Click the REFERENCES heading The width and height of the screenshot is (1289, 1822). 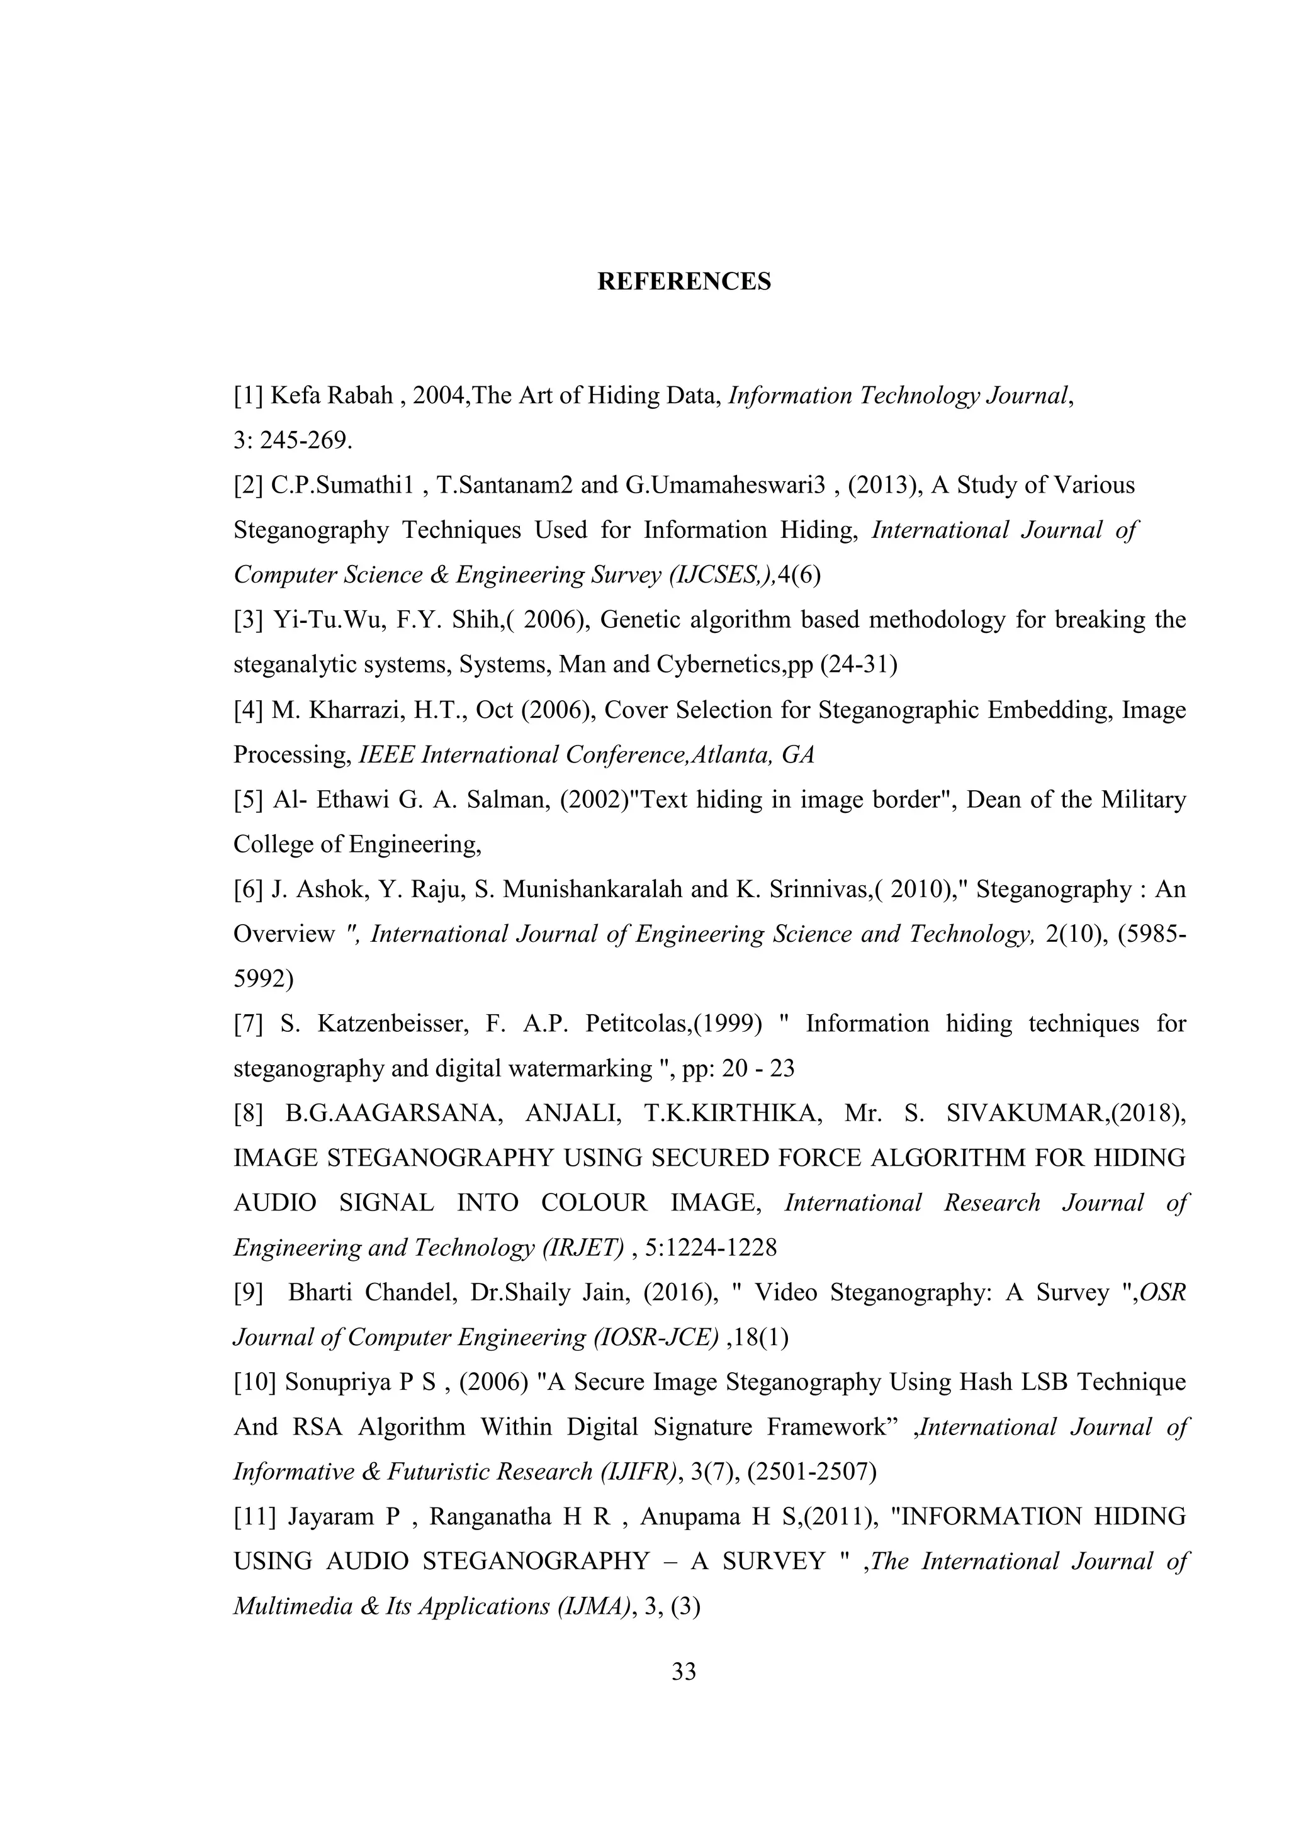684,282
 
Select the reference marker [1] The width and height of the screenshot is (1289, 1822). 247,395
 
